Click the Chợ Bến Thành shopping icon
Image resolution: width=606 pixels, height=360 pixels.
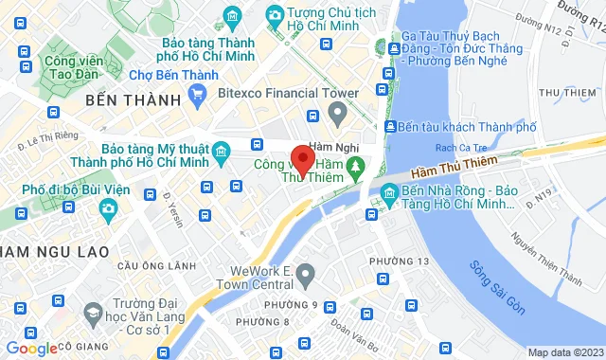tap(198, 93)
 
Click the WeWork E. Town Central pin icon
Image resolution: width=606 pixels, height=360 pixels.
tap(305, 276)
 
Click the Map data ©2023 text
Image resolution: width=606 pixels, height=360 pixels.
tap(564, 352)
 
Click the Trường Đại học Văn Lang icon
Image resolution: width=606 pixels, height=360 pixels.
tap(93, 312)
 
